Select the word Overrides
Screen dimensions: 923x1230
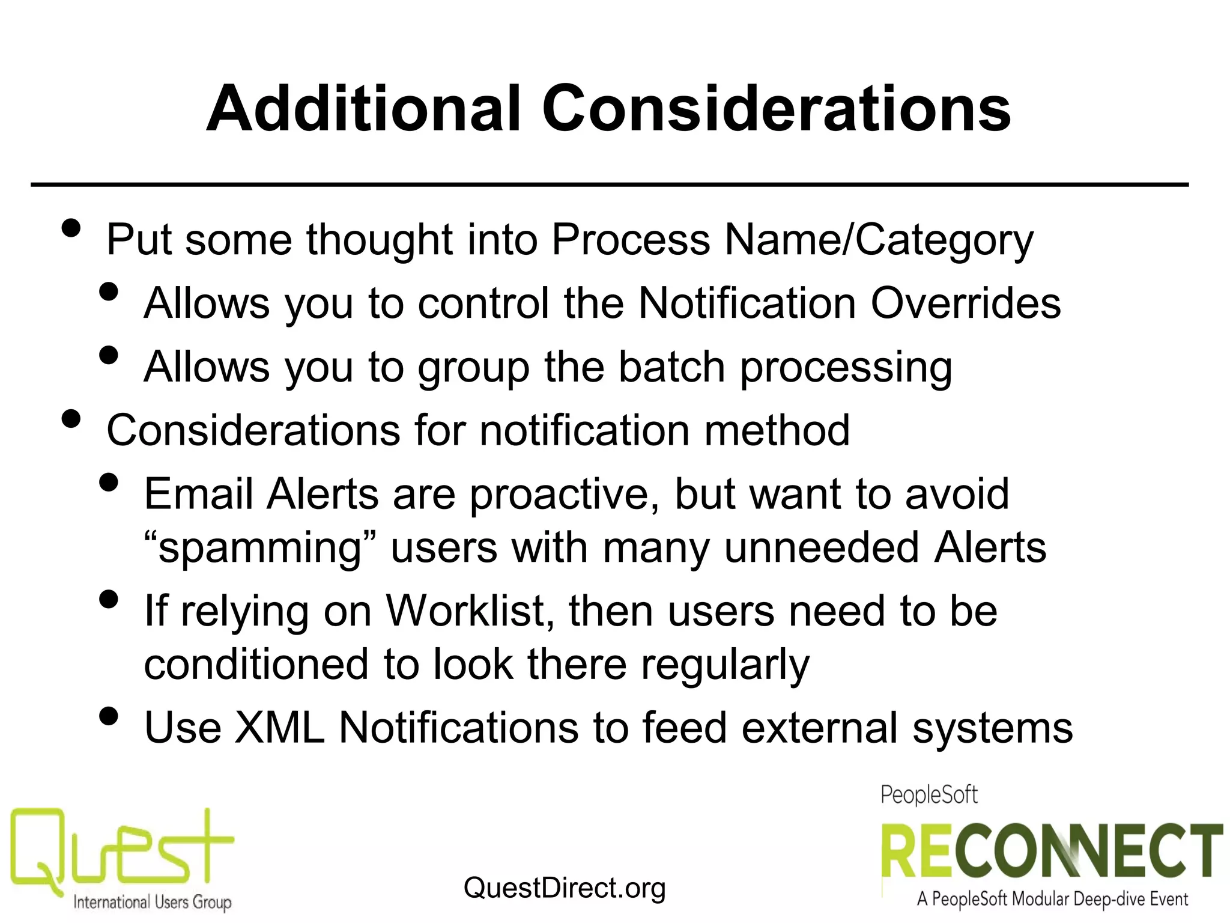tap(966, 303)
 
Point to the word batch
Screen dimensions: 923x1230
tap(671, 367)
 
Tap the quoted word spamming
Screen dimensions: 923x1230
tap(260, 548)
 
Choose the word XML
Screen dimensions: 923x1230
tap(279, 728)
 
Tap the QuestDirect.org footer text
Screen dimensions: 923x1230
tap(565, 888)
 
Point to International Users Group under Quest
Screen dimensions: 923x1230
tap(152, 902)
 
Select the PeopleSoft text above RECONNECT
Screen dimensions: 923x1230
tap(929, 795)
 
